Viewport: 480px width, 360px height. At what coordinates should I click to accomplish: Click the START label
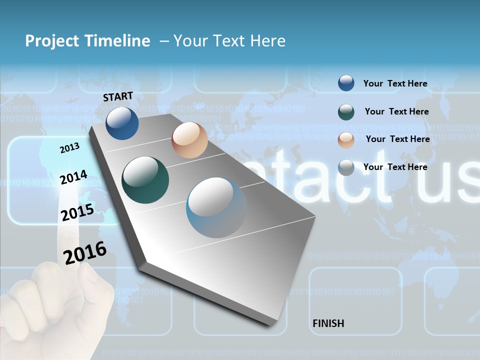pos(118,96)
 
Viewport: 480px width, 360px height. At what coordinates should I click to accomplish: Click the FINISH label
pos(328,323)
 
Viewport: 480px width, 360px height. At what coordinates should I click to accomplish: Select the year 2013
pos(69,147)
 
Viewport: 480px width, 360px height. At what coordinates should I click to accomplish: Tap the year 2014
pos(73,177)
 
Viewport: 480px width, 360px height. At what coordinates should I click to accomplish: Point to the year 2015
pos(77,212)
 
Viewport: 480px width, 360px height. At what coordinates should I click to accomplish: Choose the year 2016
pos(85,252)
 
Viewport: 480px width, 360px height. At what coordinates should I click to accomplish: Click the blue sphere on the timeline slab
pos(122,123)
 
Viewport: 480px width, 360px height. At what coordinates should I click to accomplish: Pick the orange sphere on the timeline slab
pos(189,140)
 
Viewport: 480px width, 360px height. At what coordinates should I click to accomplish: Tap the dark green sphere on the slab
pos(145,180)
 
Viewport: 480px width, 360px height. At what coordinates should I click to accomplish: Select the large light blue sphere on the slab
pos(216,207)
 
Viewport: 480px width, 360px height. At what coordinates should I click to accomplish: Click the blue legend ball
pos(346,83)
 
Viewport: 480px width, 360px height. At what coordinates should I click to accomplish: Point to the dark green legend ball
pos(346,112)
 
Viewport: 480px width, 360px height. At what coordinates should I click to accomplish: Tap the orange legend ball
pos(346,140)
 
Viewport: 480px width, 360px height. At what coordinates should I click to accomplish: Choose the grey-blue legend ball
pos(346,167)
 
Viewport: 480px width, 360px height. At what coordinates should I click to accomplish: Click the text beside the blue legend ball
pos(395,83)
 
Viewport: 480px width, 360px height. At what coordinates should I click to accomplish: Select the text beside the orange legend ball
pos(397,139)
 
